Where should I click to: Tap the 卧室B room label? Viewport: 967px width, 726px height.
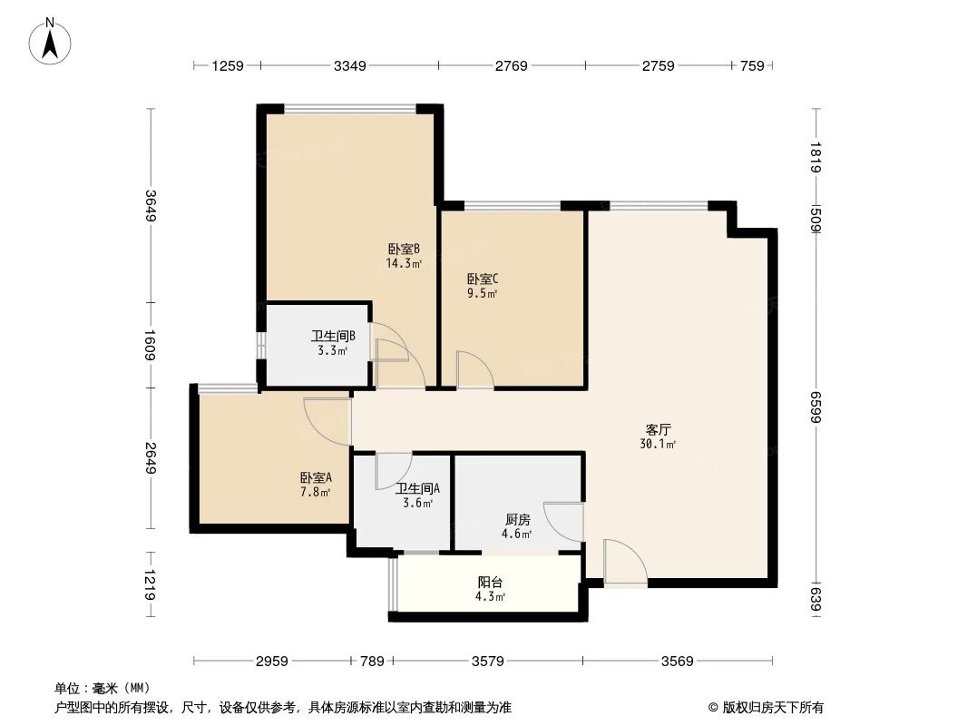[x=404, y=249]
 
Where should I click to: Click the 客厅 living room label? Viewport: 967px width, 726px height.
[x=659, y=429]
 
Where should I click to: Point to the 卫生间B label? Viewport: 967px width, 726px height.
[x=332, y=336]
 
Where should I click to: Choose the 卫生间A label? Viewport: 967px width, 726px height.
[x=417, y=488]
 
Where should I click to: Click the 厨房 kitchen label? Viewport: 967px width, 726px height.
[x=517, y=520]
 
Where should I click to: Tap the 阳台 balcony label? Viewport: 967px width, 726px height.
[x=491, y=582]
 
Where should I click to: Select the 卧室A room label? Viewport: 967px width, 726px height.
[x=316, y=477]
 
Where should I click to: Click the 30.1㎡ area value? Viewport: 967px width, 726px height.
[x=659, y=445]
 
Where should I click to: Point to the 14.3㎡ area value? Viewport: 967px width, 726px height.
[x=404, y=264]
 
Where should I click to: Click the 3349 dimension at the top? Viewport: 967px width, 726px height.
[x=349, y=65]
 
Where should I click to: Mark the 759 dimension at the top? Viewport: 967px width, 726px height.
[x=752, y=65]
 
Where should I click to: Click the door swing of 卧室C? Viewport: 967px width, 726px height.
[x=474, y=370]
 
